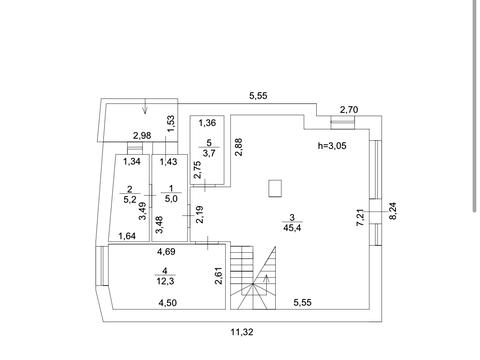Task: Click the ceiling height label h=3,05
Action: coord(332,146)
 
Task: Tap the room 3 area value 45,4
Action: coord(292,228)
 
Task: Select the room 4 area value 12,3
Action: coord(165,281)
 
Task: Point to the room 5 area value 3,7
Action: coord(209,153)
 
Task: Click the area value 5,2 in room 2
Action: coord(130,199)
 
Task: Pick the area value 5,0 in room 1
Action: coord(171,199)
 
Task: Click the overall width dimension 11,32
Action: coord(242,332)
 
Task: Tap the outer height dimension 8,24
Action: coord(393,211)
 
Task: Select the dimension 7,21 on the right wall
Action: coord(360,218)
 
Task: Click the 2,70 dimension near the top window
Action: coord(349,109)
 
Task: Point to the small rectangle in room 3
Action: coord(275,189)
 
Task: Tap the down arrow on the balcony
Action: coord(145,107)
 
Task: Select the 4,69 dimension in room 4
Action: coord(166,251)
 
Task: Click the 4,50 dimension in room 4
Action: coord(168,303)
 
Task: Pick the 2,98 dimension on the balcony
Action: coord(142,136)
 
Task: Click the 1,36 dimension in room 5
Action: coord(207,123)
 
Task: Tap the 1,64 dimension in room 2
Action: coord(127,236)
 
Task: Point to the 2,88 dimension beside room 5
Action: coord(239,147)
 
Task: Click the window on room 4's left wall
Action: coord(102,266)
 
